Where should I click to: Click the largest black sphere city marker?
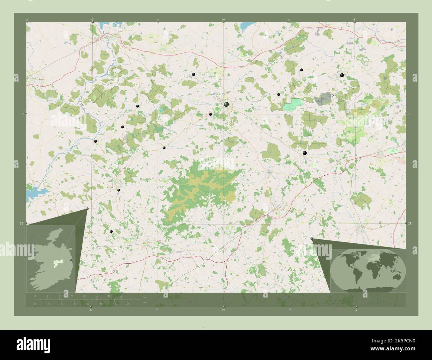[x=226, y=105]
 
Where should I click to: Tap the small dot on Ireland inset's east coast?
[x=71, y=260]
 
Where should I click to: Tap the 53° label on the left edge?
[x=21, y=224]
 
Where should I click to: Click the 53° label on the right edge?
[x=410, y=224]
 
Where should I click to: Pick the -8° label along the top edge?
[x=92, y=19]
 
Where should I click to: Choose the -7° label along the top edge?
[x=355, y=19]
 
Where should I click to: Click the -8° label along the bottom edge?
[x=90, y=310]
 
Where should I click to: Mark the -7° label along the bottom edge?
[x=356, y=310]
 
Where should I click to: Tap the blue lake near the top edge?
[x=246, y=25]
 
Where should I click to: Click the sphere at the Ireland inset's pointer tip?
[x=87, y=209]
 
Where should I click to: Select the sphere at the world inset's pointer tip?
[x=311, y=239]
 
